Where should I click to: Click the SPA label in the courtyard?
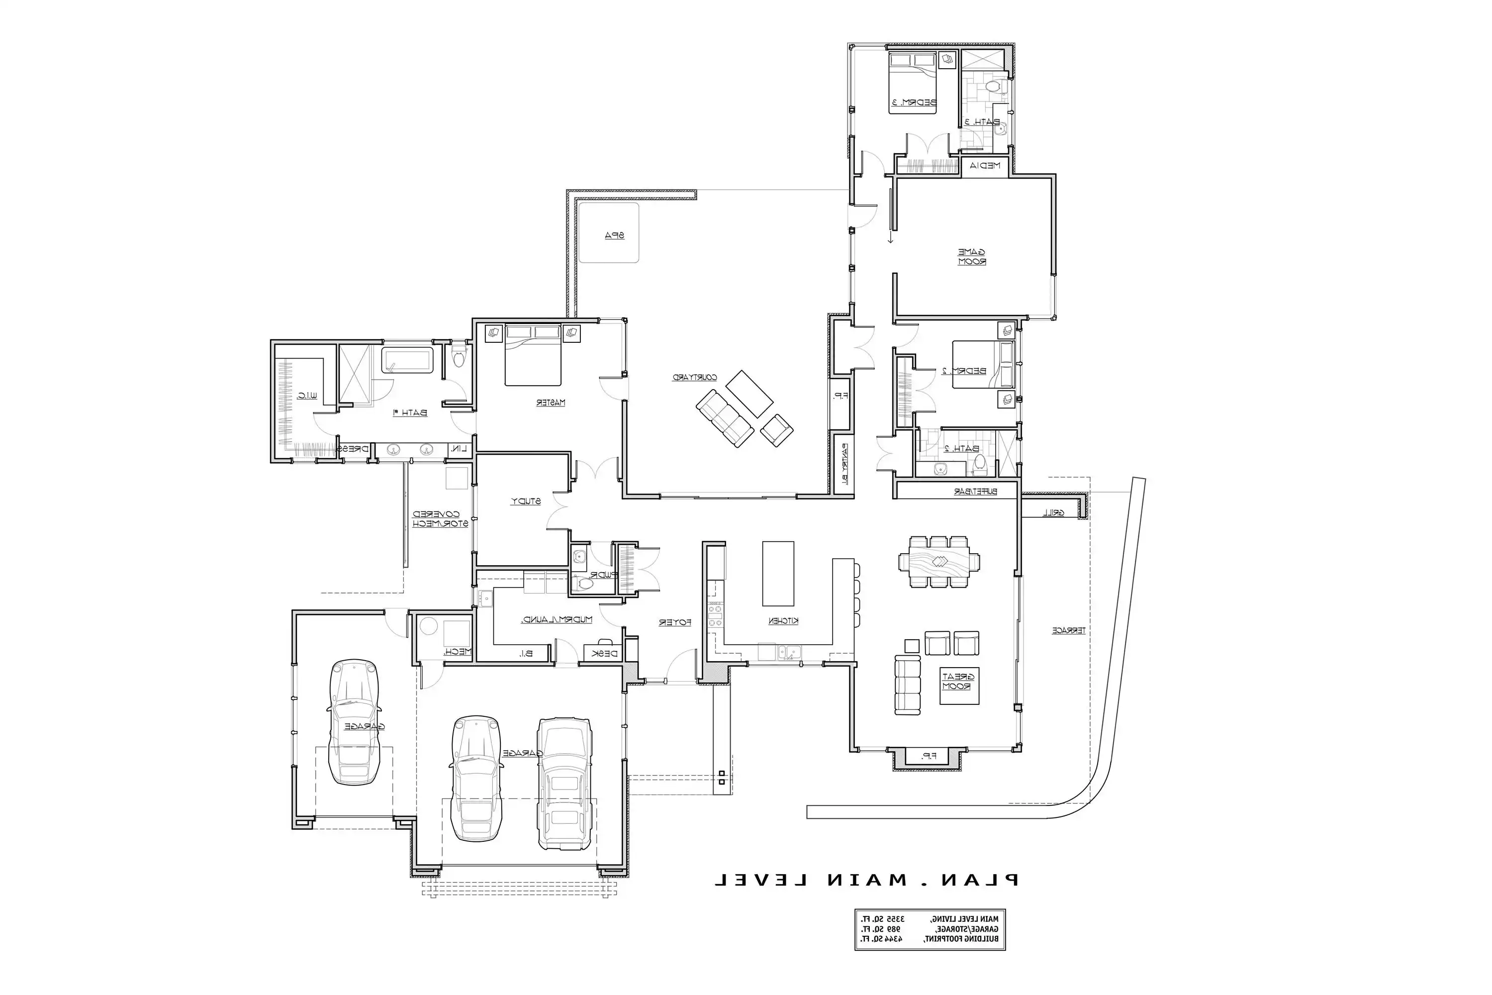point(614,235)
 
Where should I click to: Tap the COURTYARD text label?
point(695,378)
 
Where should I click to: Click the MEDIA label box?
point(985,166)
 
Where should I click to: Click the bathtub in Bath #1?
point(407,360)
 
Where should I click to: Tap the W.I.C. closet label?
point(307,396)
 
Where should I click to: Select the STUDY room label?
point(526,501)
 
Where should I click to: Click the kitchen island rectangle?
point(778,573)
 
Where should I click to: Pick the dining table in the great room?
point(939,562)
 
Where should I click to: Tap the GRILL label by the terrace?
point(1054,513)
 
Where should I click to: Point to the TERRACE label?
point(1069,631)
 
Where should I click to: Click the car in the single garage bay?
point(355,721)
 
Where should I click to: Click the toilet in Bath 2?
point(980,465)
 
